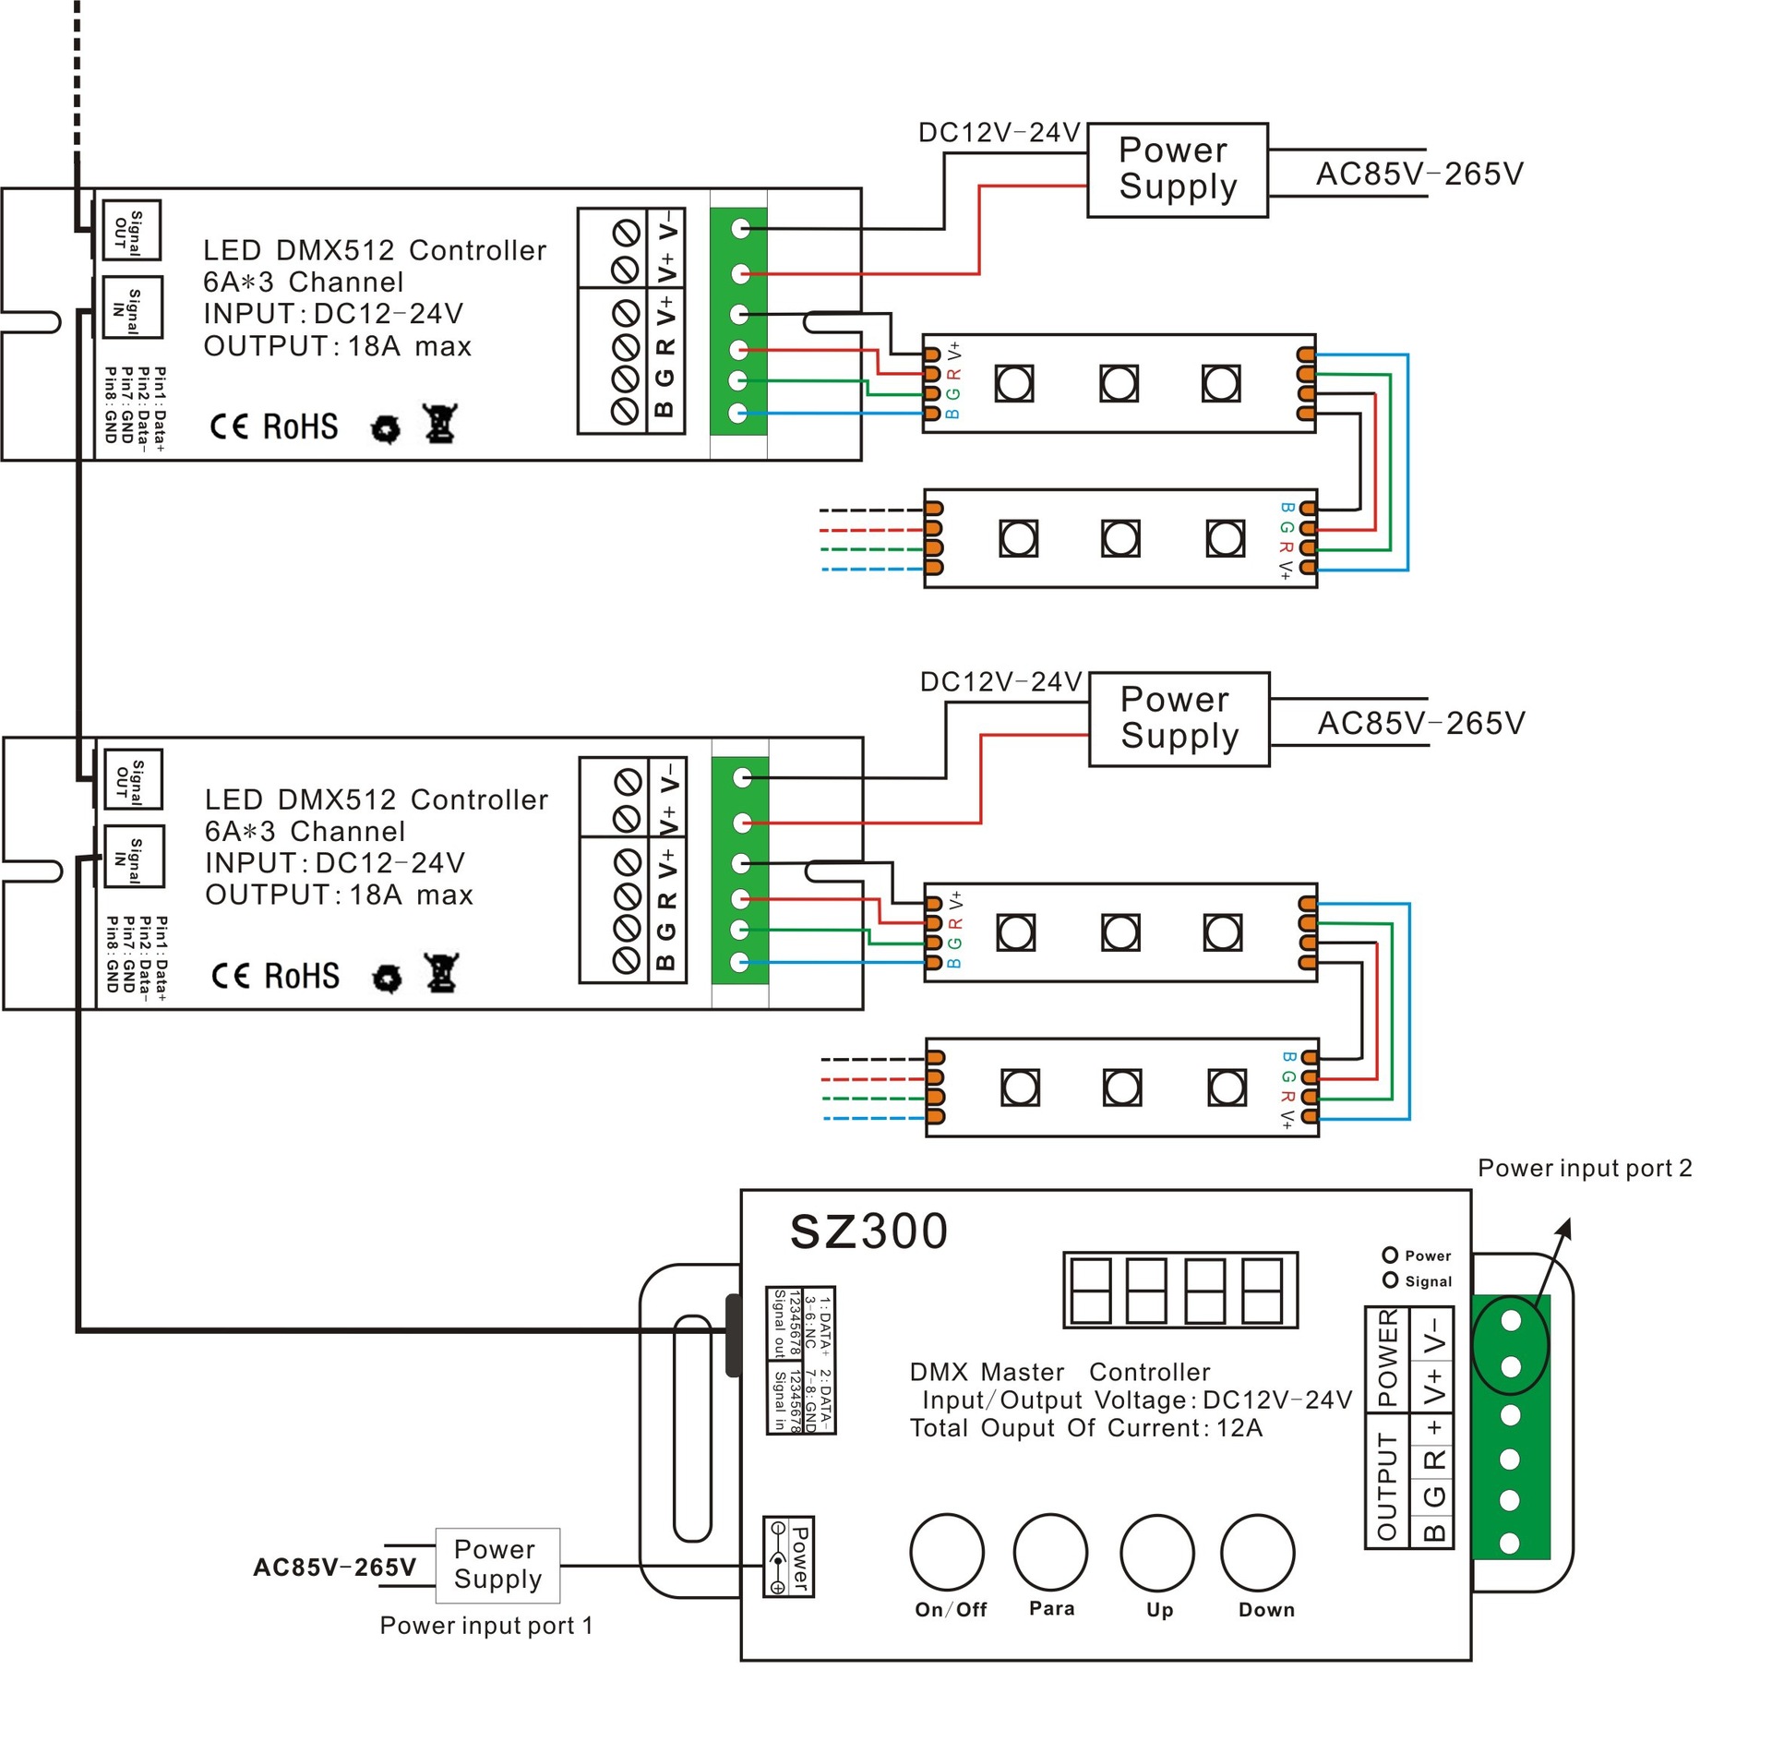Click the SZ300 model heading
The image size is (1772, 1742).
868,1231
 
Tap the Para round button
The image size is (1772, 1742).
1049,1551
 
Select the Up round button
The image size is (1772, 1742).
1156,1552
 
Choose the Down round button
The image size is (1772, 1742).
1257,1552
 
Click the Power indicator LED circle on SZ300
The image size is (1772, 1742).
1390,1255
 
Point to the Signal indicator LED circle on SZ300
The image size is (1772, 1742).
1390,1279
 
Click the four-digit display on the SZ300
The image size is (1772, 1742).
1180,1290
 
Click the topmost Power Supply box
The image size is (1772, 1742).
1177,170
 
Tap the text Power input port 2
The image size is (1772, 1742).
1584,1168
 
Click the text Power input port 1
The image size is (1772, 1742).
486,1625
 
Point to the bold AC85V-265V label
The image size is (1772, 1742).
334,1568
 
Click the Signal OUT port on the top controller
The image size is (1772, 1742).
131,230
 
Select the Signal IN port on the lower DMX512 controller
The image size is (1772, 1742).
134,856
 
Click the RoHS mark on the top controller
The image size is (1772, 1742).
300,426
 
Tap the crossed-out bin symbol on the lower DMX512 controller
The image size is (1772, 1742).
442,972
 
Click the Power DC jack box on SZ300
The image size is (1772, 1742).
787,1556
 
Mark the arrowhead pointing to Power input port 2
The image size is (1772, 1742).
1563,1229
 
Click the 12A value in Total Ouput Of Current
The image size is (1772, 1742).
1239,1428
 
